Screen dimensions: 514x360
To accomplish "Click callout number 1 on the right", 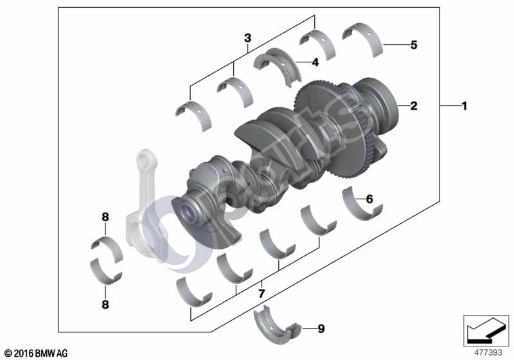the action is click(464, 106).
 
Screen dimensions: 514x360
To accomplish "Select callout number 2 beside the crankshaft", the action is click(414, 105).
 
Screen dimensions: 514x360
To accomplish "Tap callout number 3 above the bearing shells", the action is click(248, 38).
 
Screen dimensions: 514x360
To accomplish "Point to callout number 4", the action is click(315, 62).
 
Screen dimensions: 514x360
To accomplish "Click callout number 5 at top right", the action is click(414, 45).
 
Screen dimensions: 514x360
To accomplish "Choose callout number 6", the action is click(369, 199).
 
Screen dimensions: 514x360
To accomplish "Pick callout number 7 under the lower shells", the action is click(261, 293).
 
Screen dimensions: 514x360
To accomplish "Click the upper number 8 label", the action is click(105, 217).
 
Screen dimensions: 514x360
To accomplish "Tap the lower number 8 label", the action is click(105, 304).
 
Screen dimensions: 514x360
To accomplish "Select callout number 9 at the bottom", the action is click(321, 328).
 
